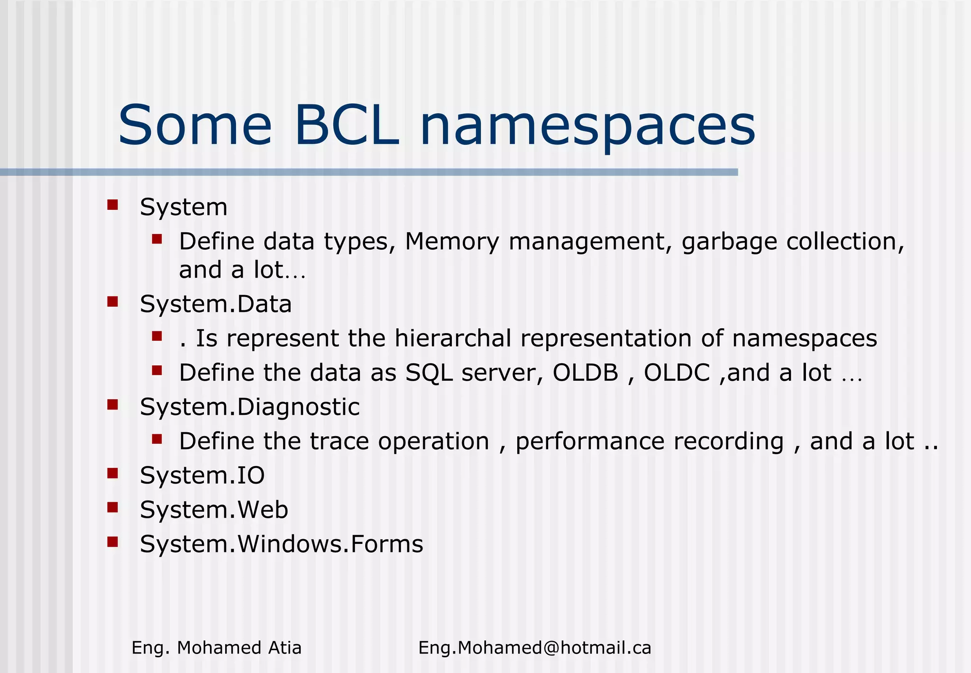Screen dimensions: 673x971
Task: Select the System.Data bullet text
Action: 216,304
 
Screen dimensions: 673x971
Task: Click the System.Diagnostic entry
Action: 250,407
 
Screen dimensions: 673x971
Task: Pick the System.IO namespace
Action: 202,476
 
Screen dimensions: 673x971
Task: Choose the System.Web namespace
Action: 214,510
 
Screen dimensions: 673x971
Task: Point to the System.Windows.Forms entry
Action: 281,544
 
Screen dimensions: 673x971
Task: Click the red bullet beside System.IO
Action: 112,473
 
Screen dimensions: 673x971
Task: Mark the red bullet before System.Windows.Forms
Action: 112,541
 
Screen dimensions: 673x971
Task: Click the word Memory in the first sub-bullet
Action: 452,242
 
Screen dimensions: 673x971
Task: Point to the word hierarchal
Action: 453,338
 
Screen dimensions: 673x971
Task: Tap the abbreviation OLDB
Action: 586,373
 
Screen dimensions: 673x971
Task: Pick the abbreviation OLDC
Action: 677,373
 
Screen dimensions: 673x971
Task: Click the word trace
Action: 339,441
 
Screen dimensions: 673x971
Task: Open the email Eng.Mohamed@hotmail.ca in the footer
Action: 535,648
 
